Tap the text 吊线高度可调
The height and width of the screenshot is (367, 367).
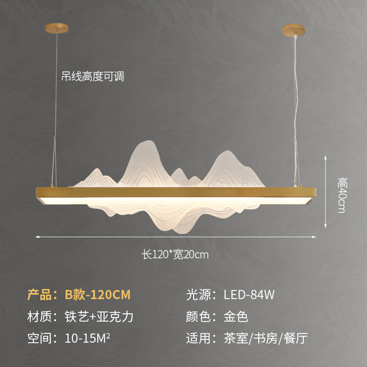[x=93, y=76]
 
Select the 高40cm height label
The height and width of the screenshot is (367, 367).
[x=341, y=195]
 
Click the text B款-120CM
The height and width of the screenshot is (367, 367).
[x=98, y=295]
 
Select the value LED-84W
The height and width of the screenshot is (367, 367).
[x=249, y=295]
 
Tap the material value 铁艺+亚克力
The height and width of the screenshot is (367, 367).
[x=100, y=317]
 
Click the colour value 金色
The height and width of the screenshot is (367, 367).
[x=236, y=317]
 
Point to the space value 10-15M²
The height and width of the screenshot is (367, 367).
[x=88, y=339]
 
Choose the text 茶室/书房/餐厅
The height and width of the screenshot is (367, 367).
[x=266, y=339]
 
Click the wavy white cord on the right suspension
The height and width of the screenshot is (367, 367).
[x=297, y=101]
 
